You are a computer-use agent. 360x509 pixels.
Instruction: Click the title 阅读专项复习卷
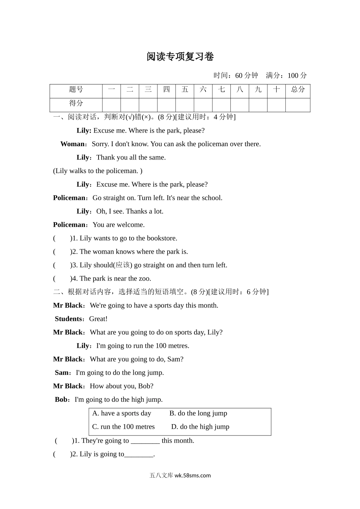click(x=180, y=57)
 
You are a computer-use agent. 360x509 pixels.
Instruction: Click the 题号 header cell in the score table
click(x=76, y=90)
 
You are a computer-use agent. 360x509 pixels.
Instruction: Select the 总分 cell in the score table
click(x=298, y=90)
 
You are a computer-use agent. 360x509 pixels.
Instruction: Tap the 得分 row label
click(x=76, y=103)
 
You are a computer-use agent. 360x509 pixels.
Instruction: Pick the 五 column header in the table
click(x=185, y=90)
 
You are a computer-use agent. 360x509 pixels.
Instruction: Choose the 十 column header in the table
click(x=277, y=90)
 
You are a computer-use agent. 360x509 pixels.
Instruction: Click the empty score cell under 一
click(x=111, y=105)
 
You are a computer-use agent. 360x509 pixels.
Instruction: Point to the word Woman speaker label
click(x=73, y=144)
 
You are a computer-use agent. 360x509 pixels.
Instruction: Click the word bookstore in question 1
click(x=162, y=238)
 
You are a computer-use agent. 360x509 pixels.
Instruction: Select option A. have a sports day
click(x=122, y=413)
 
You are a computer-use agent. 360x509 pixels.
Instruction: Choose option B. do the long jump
click(x=198, y=413)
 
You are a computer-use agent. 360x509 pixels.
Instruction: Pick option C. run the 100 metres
click(x=124, y=427)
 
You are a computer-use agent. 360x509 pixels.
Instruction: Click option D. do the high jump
click(x=200, y=427)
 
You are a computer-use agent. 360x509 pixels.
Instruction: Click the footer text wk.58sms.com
click(x=193, y=476)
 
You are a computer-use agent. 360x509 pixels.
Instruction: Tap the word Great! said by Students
click(x=98, y=319)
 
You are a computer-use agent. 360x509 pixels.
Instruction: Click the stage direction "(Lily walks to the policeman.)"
click(x=98, y=171)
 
